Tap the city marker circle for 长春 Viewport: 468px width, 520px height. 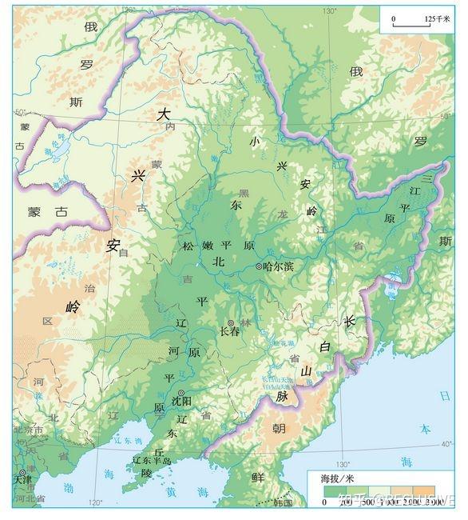pyautogui.click(x=231, y=322)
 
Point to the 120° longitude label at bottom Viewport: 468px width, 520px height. pyautogui.click(x=95, y=503)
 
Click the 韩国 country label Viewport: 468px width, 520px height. pyautogui.click(x=282, y=502)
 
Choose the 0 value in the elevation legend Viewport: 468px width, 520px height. pyautogui.click(x=324, y=502)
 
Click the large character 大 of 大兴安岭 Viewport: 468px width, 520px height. pyautogui.click(x=163, y=114)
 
